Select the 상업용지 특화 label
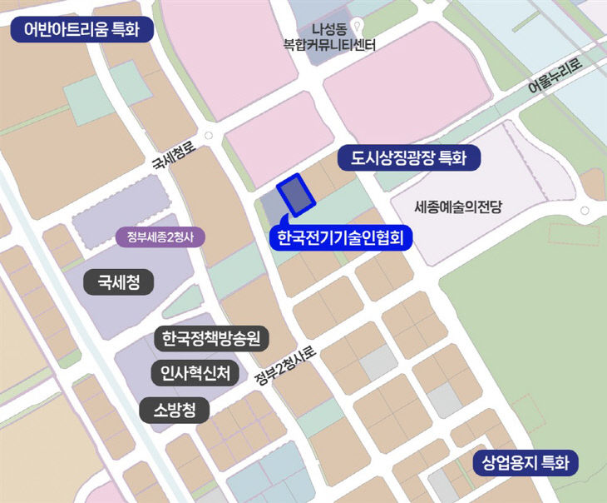tap(526, 463)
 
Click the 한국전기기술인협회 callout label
tap(340, 239)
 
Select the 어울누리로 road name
tap(556, 80)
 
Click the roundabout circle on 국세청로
tap(207, 136)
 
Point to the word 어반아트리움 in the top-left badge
tap(60, 31)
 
